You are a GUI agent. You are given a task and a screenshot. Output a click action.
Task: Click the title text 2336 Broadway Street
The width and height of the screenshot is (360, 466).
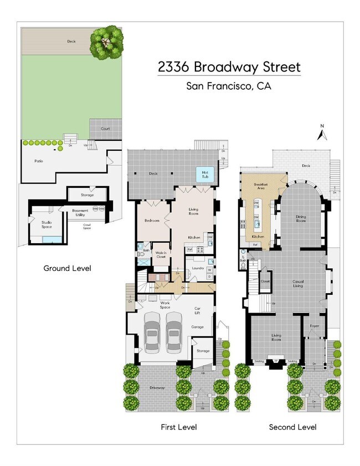pos(229,68)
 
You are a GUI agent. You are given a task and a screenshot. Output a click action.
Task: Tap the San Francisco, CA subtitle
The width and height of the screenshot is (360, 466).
pos(229,86)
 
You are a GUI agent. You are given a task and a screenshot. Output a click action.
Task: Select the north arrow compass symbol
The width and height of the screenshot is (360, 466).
pos(321,133)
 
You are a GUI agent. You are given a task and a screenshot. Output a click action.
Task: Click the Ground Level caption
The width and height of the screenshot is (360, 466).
pos(67,268)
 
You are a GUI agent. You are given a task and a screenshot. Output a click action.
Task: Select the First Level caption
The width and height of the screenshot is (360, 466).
pos(178,427)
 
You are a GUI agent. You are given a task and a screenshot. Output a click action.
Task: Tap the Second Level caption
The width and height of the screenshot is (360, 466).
pos(292,427)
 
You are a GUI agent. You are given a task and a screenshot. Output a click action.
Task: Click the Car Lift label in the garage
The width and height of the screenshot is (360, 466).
pos(197,311)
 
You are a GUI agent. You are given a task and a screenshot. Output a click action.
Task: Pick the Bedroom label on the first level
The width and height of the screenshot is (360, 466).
pos(152,221)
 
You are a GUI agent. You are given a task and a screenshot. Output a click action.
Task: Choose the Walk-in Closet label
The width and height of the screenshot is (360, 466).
pos(161,255)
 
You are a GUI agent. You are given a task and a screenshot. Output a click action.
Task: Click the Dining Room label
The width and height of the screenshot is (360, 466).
pos(300,219)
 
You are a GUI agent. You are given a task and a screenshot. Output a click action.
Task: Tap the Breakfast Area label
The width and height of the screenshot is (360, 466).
pos(261,186)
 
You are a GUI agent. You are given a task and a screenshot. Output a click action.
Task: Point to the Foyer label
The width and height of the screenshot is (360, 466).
pos(315,325)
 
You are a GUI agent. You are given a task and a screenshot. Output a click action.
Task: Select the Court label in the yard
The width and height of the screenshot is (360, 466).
pos(105,129)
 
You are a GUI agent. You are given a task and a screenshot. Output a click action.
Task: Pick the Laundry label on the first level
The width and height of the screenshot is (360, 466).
pos(198,268)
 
